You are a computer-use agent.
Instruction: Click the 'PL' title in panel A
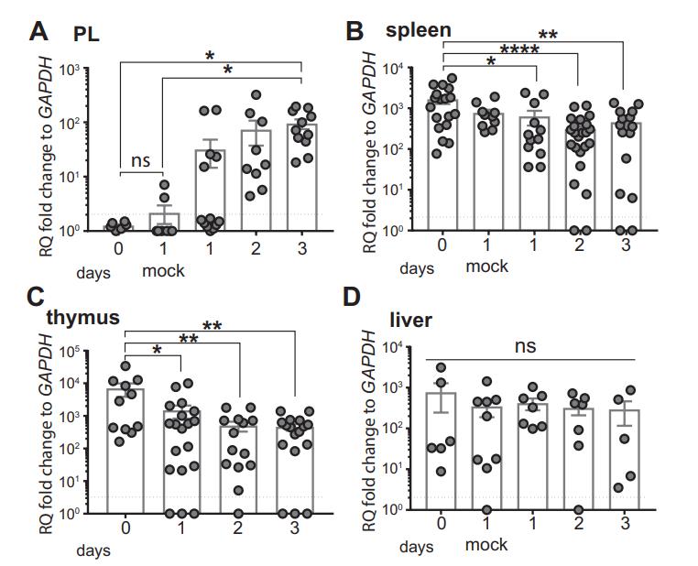tap(87, 35)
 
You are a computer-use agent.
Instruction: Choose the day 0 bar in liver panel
tap(441, 450)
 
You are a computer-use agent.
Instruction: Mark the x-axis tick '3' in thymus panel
tap(296, 528)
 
